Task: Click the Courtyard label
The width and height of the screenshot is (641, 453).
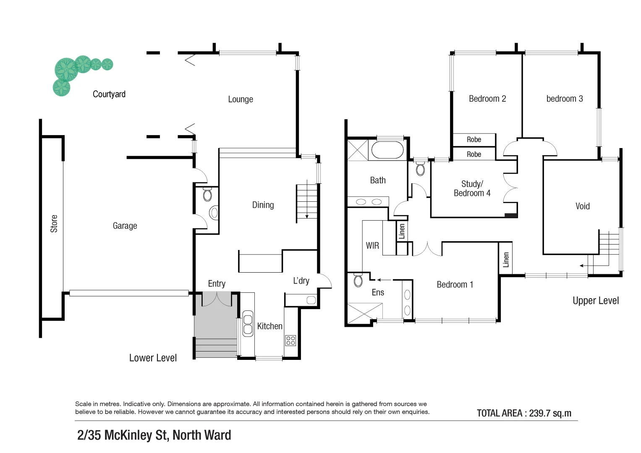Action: [x=109, y=94]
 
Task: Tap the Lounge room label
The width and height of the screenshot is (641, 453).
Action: [x=241, y=99]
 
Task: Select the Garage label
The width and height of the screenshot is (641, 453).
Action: [x=125, y=226]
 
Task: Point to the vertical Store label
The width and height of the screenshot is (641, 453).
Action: [x=54, y=224]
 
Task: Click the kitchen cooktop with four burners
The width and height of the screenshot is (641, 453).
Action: [x=290, y=340]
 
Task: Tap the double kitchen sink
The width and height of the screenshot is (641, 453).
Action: [x=248, y=323]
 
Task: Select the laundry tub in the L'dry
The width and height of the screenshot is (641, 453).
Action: [x=311, y=300]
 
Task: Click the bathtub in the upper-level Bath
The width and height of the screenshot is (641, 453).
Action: [x=387, y=150]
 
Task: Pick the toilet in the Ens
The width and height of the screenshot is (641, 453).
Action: [x=358, y=280]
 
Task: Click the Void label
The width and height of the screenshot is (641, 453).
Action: [x=582, y=206]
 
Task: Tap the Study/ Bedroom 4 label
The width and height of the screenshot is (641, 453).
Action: [x=472, y=189]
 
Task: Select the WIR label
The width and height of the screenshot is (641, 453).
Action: [x=372, y=246]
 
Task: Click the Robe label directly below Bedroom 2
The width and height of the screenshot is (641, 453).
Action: [x=474, y=140]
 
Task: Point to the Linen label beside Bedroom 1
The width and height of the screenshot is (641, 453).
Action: [x=506, y=260]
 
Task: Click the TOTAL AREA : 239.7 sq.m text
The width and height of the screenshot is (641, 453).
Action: [x=524, y=413]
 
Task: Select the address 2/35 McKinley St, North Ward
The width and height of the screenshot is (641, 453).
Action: [x=154, y=435]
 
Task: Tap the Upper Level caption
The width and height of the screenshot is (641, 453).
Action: [x=595, y=301]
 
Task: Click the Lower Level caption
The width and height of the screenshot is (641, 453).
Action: [x=153, y=358]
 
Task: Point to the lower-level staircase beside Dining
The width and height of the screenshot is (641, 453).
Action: [x=307, y=201]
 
